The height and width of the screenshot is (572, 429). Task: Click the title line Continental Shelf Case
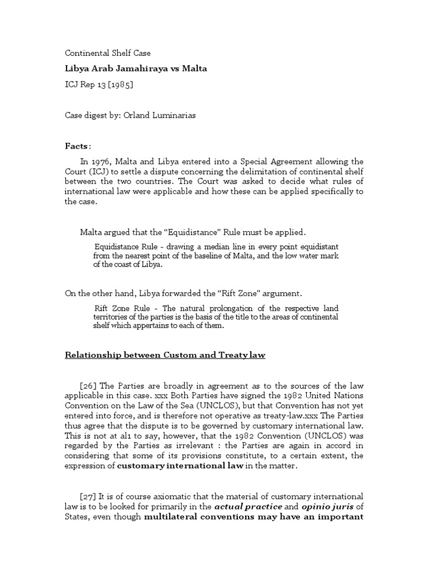tap(108, 53)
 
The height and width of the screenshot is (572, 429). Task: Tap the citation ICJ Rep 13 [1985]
tap(99, 84)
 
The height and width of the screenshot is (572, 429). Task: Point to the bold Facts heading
tap(77, 146)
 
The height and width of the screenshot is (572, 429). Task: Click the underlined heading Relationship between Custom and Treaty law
tap(165, 355)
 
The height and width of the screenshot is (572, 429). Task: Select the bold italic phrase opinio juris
tap(316, 507)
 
